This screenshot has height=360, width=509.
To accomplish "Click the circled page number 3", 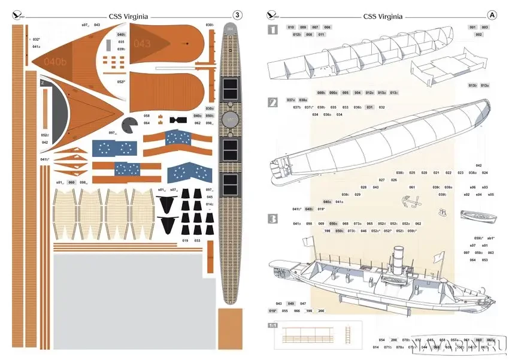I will [238, 14].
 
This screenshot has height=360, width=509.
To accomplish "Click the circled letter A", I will [493, 14].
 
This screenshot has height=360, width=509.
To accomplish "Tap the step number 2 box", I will [272, 103].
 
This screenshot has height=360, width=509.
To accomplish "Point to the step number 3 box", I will [272, 219].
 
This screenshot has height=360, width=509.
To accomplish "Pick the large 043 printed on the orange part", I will [143, 44].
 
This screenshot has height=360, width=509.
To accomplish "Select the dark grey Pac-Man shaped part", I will [129, 126].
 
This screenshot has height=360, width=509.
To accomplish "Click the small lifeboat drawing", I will [471, 214].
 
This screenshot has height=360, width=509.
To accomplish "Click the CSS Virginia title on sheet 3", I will [129, 17].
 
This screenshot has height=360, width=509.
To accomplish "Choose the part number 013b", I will [472, 86].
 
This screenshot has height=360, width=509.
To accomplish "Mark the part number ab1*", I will [490, 238].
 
